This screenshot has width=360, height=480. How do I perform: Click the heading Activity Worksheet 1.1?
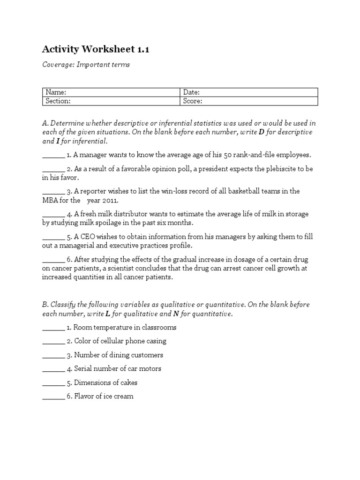click(96, 49)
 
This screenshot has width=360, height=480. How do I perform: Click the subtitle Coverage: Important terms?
click(86, 65)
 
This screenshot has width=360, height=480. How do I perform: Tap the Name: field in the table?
click(111, 92)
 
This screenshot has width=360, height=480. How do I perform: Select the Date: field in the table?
click(249, 92)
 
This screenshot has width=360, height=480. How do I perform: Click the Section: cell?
click(111, 101)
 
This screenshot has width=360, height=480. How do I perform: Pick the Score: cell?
click(249, 101)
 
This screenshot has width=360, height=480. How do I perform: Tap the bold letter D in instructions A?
click(261, 132)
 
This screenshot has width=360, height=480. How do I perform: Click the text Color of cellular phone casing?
click(120, 341)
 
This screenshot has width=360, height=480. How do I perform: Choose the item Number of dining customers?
click(118, 355)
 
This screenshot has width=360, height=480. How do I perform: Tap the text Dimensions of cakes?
click(105, 382)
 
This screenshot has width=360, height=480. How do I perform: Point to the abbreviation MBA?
click(50, 200)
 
